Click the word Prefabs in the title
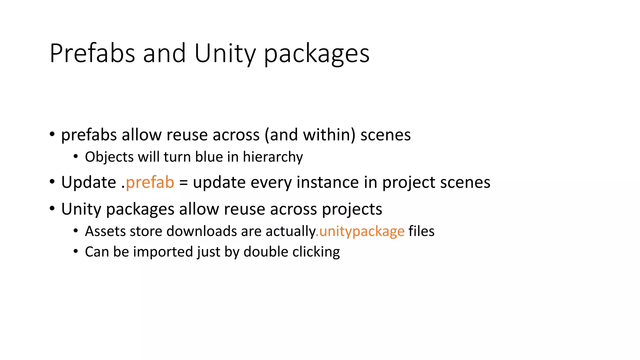click(92, 53)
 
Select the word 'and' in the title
click(164, 53)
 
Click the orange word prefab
click(150, 182)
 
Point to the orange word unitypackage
click(362, 232)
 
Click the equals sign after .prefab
click(183, 183)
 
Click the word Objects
click(109, 157)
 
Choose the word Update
click(88, 182)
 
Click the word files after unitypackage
click(421, 232)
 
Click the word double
click(266, 252)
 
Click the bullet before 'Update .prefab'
click(52, 182)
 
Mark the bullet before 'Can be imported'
click(76, 251)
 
